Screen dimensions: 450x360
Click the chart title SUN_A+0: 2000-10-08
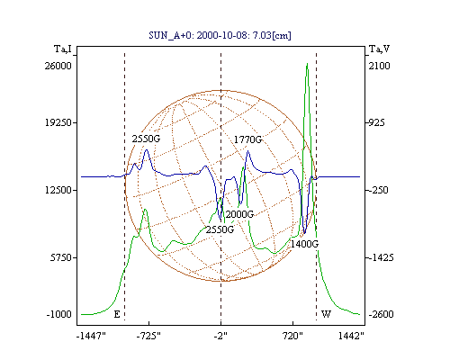pyautogui.click(x=195, y=36)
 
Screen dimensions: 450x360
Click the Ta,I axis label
pyautogui.click(x=63, y=49)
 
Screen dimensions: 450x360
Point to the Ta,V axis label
pyautogui.click(x=379, y=49)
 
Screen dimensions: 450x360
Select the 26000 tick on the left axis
pyautogui.click(x=58, y=66)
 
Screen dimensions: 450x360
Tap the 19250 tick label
pyautogui.click(x=58, y=122)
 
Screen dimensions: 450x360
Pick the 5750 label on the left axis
pyautogui.click(x=61, y=257)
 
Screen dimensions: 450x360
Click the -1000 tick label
pyautogui.click(x=59, y=314)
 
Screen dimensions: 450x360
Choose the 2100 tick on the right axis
pyautogui.click(x=379, y=66)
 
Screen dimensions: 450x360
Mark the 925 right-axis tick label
pyautogui.click(x=377, y=122)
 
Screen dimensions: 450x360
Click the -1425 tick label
pyautogui.click(x=381, y=257)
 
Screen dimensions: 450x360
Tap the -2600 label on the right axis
pyautogui.click(x=381, y=314)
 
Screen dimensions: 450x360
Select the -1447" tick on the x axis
pyautogui.click(x=91, y=336)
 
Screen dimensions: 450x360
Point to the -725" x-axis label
pyautogui.click(x=148, y=336)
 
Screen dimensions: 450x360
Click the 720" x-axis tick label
pyautogui.click(x=293, y=336)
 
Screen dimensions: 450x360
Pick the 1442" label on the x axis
pyautogui.click(x=351, y=336)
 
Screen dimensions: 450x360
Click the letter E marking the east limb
pyautogui.click(x=117, y=314)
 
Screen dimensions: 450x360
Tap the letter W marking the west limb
pyautogui.click(x=326, y=314)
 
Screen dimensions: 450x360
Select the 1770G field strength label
pyautogui.click(x=247, y=139)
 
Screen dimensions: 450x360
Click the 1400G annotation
pyautogui.click(x=304, y=244)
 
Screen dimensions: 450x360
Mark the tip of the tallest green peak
pyautogui.click(x=307, y=63)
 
